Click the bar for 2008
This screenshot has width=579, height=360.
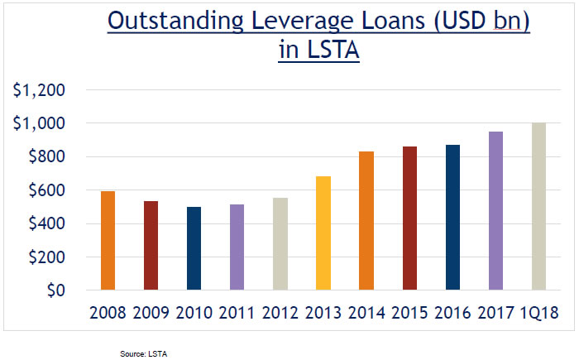pyautogui.click(x=108, y=241)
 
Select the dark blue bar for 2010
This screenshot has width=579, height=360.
pyautogui.click(x=194, y=248)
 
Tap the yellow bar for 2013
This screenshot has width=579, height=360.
pyautogui.click(x=323, y=233)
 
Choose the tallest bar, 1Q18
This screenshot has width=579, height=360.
pyautogui.click(x=538, y=207)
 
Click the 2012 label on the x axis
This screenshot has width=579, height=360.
pyautogui.click(x=280, y=312)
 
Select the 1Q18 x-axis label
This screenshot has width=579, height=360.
pyautogui.click(x=538, y=312)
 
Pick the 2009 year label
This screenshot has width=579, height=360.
pyautogui.click(x=151, y=312)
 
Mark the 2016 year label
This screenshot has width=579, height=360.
pyautogui.click(x=452, y=312)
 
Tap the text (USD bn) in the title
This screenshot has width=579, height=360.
pyautogui.click(x=473, y=22)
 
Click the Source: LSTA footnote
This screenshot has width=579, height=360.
pyautogui.click(x=145, y=353)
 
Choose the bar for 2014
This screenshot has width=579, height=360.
pyautogui.click(x=366, y=221)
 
